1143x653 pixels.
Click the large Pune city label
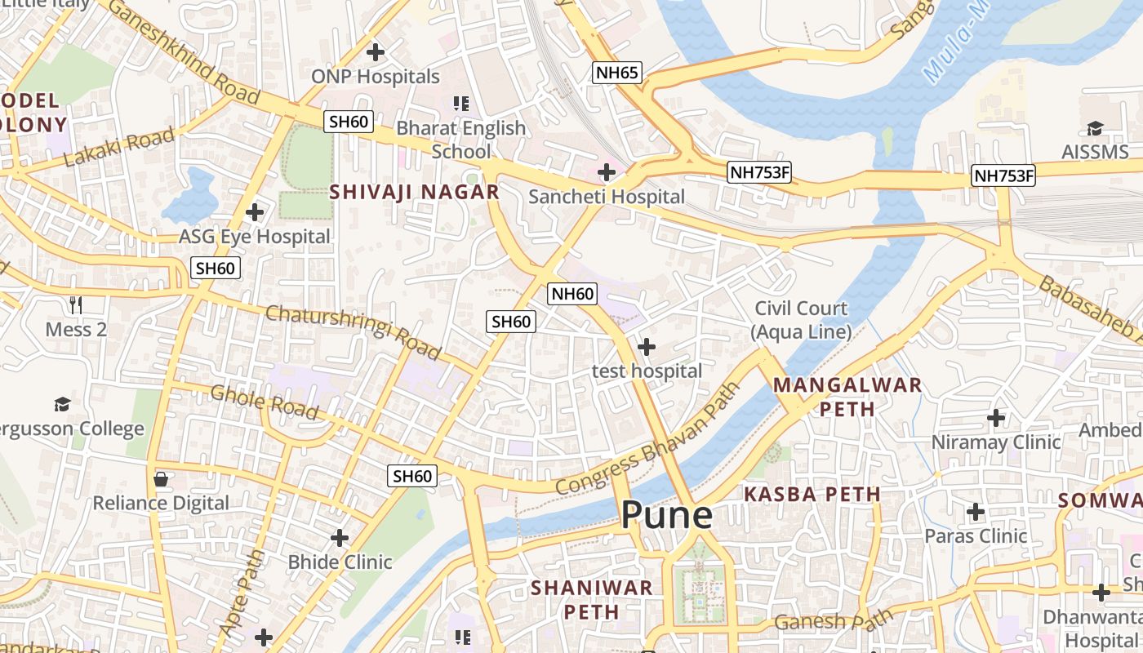[666, 516]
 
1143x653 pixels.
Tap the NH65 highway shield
[616, 73]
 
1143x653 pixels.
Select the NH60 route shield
[573, 294]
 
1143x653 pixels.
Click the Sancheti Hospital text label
[607, 197]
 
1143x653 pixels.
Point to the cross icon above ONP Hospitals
[376, 53]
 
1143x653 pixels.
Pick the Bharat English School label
[460, 140]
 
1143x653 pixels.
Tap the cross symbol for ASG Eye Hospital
[255, 212]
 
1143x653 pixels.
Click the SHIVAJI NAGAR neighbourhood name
[414, 193]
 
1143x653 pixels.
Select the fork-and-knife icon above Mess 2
[77, 305]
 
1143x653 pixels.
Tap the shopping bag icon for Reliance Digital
[161, 479]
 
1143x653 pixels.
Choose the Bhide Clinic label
[340, 562]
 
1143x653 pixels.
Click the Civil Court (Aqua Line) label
[801, 320]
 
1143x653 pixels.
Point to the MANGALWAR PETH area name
[847, 396]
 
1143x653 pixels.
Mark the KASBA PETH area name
[812, 494]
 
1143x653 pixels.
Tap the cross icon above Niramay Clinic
[996, 419]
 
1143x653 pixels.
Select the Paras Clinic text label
[976, 536]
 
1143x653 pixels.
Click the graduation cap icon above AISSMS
[1094, 128]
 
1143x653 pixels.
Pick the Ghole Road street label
[264, 402]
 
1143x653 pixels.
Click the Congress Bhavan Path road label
[647, 439]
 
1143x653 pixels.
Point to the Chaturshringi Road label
[353, 332]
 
